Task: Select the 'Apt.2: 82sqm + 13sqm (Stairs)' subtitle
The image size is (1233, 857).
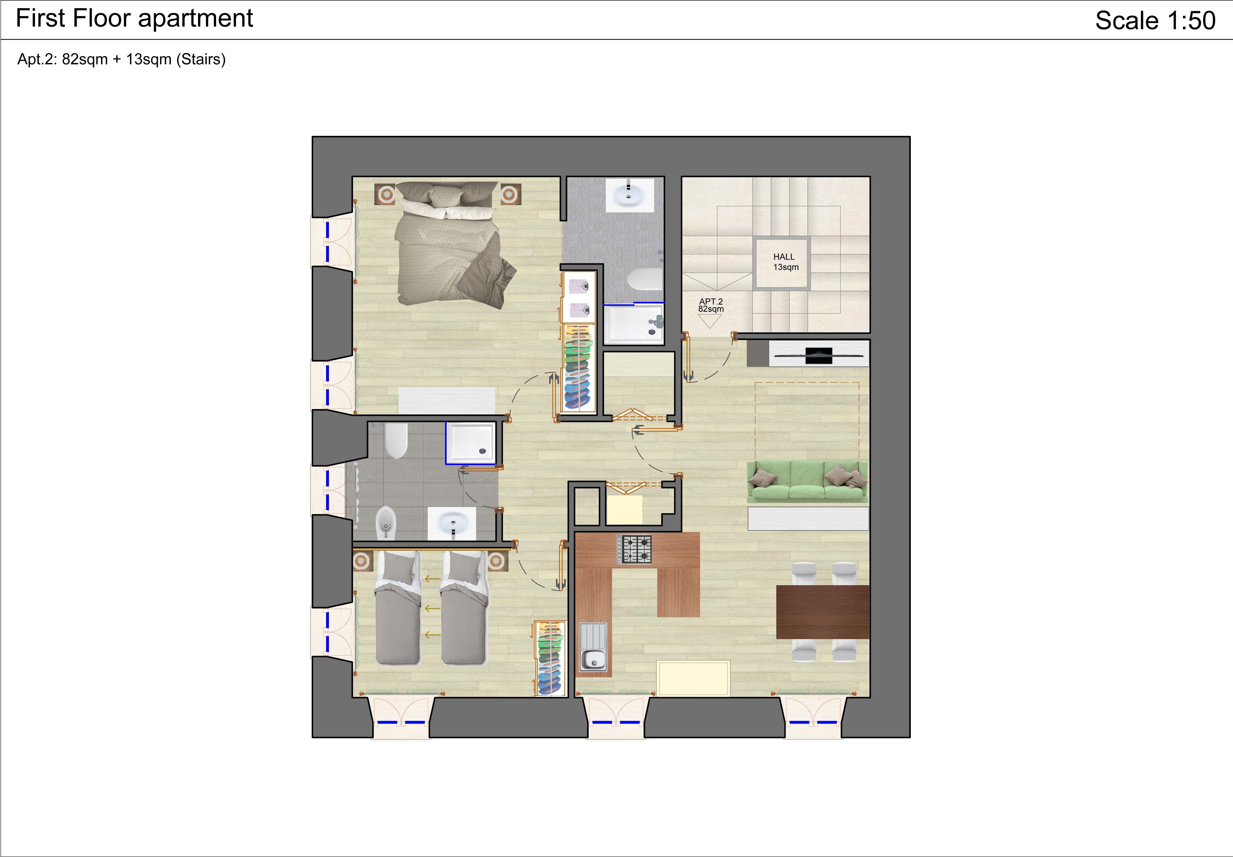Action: [x=121, y=59]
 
